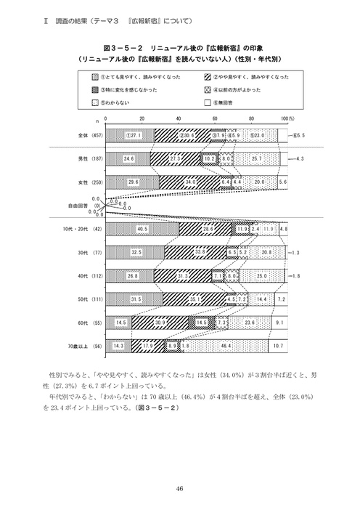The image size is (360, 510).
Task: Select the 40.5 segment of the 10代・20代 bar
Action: click(x=142, y=228)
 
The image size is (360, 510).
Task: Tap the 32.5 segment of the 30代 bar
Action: click(x=136, y=252)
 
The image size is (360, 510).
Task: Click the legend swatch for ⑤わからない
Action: click(x=95, y=102)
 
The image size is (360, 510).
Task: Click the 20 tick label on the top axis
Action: click(x=142, y=118)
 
